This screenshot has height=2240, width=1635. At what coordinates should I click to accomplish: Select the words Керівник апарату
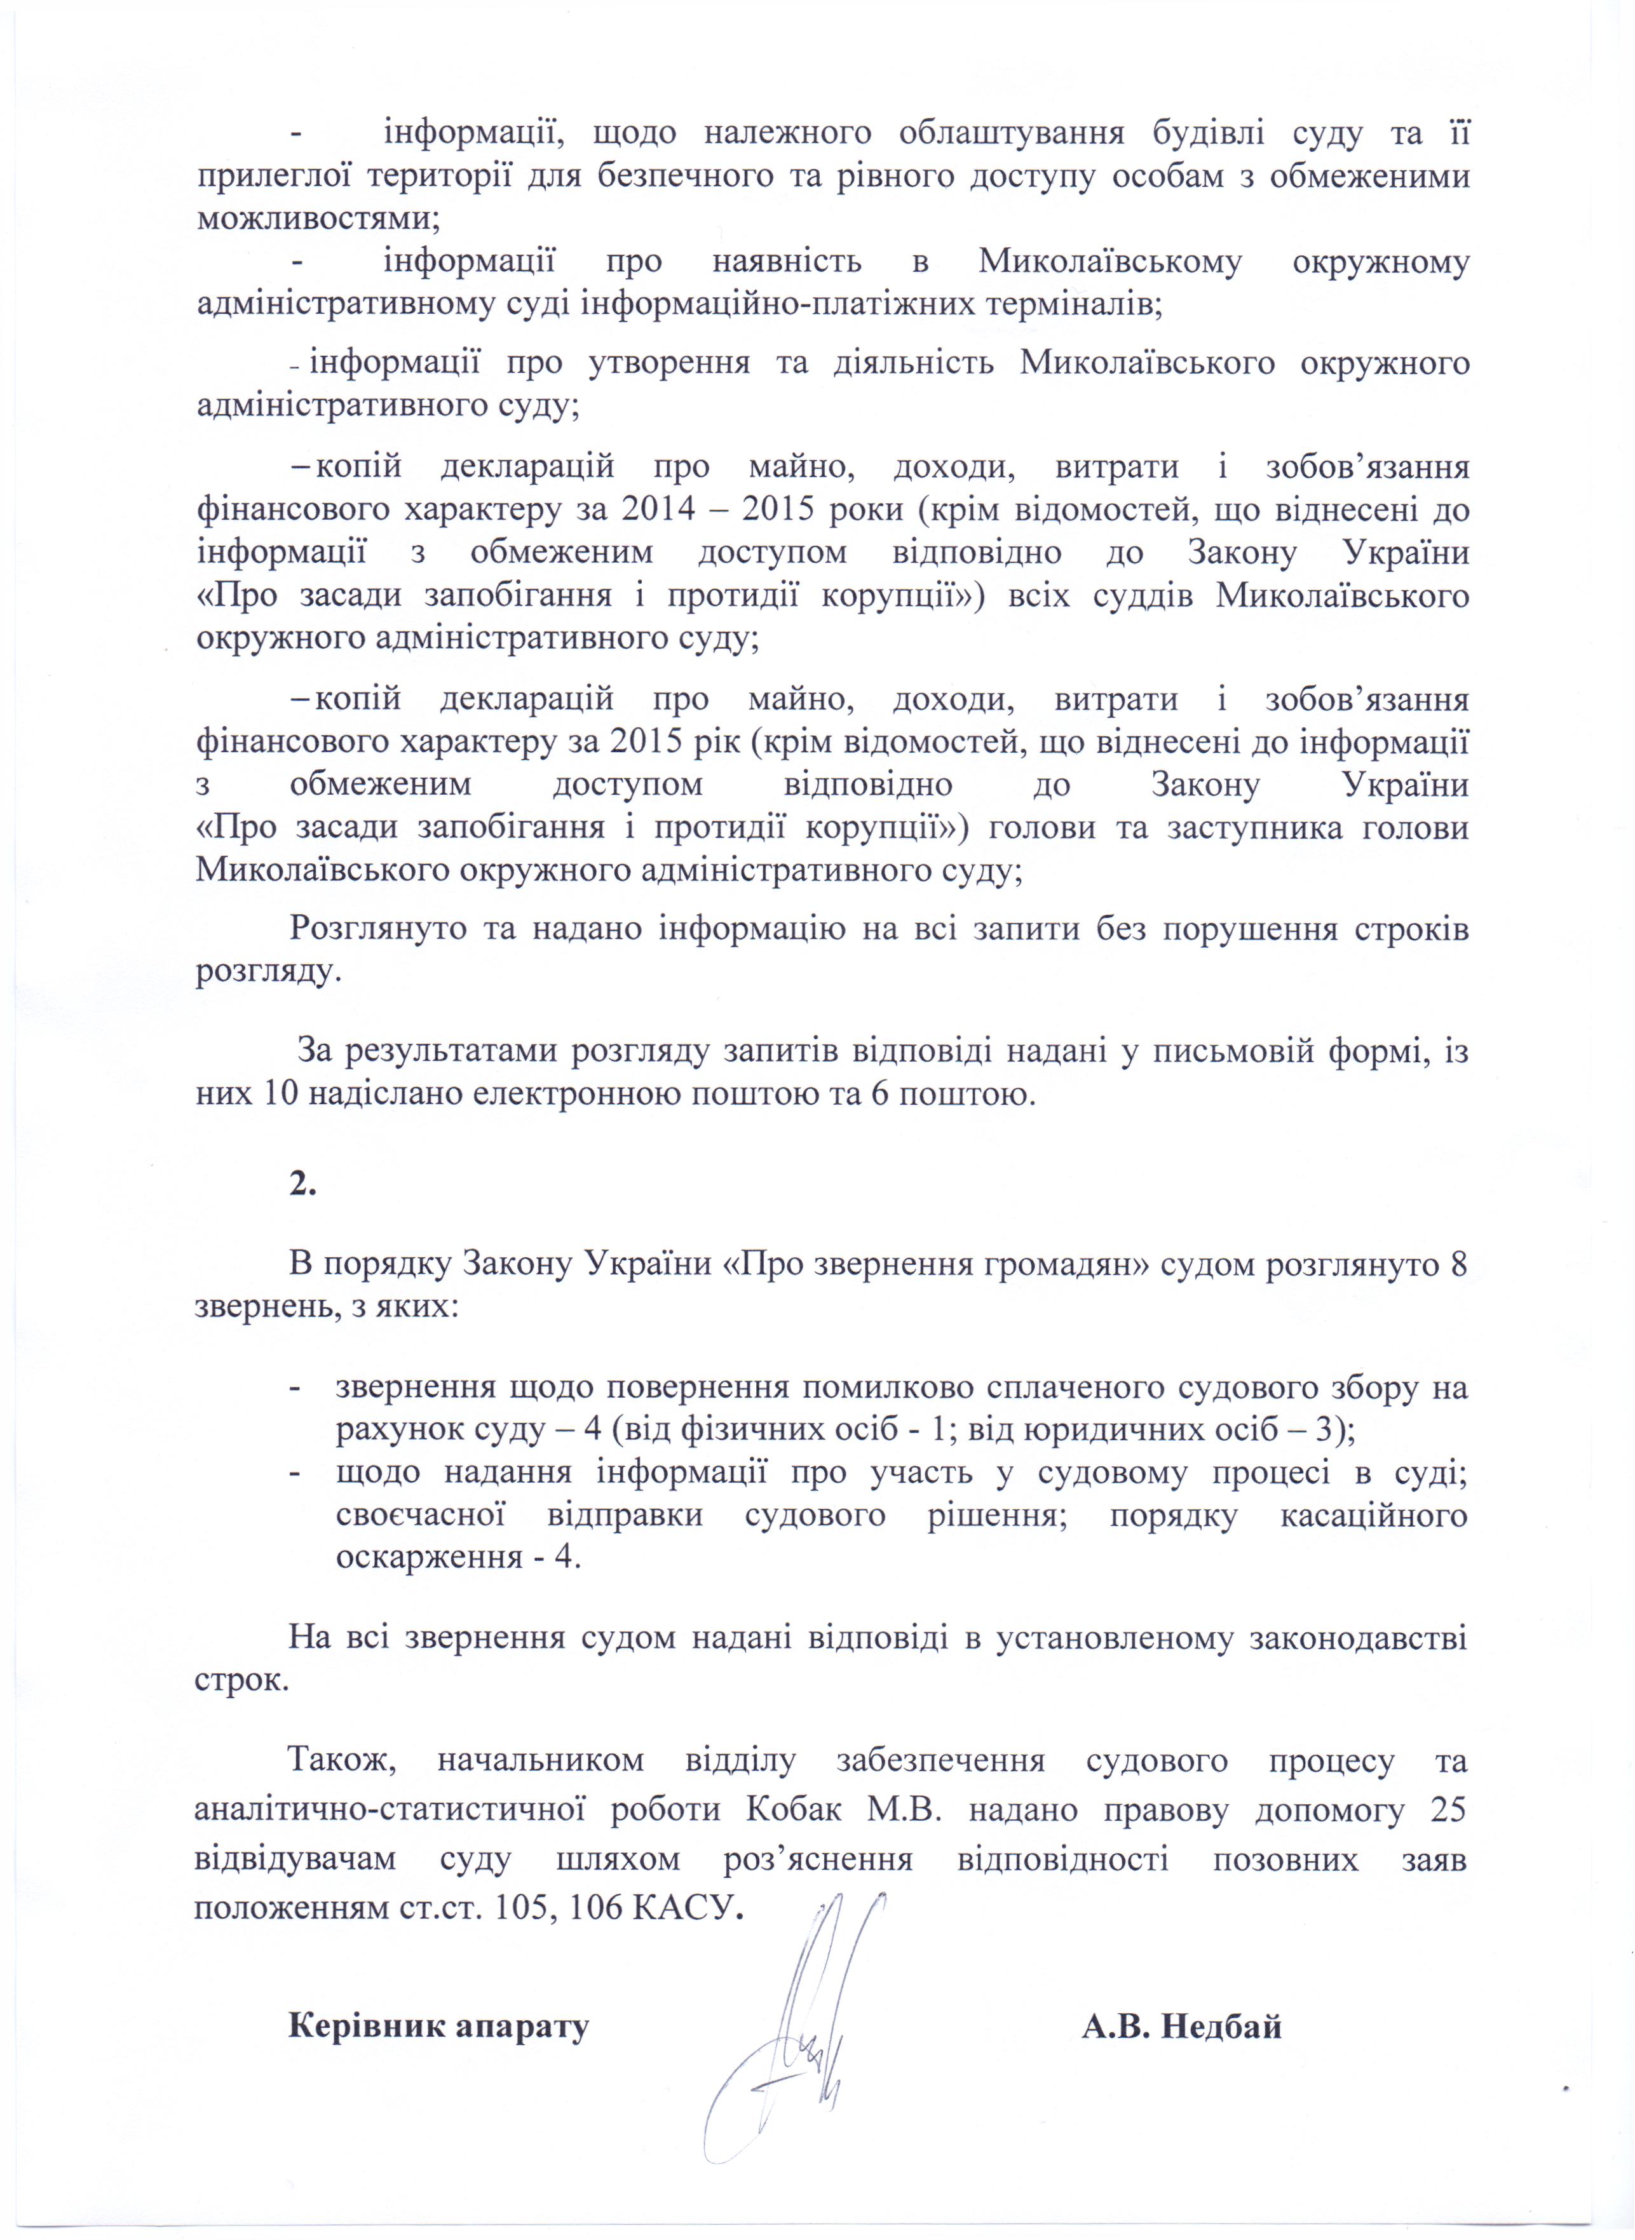438,1992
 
